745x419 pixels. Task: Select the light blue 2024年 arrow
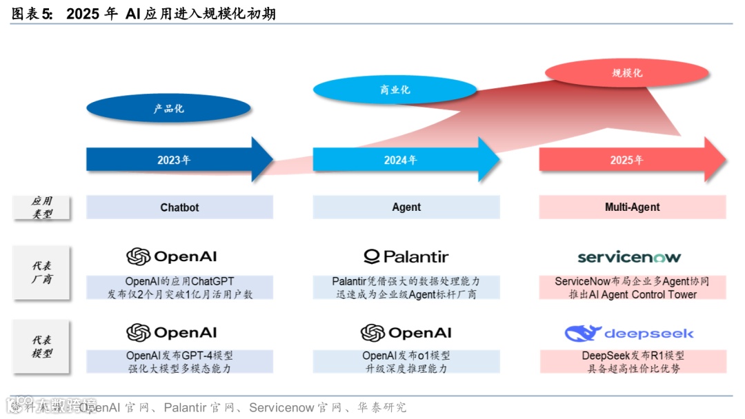pyautogui.click(x=401, y=160)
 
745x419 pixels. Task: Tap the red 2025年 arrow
pyautogui.click(x=627, y=160)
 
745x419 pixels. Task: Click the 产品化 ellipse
pyautogui.click(x=169, y=108)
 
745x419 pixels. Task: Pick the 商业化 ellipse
pyautogui.click(x=395, y=90)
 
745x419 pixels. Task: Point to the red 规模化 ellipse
pyautogui.click(x=627, y=72)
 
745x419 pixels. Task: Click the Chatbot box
pyautogui.click(x=179, y=207)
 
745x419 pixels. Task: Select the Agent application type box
pyautogui.click(x=406, y=207)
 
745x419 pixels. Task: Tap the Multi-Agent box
pyautogui.click(x=632, y=207)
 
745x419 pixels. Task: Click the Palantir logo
pyautogui.click(x=406, y=257)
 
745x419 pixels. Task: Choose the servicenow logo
pyautogui.click(x=629, y=257)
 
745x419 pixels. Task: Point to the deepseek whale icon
pyautogui.click(x=582, y=334)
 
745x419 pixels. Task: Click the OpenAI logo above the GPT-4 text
pyautogui.click(x=171, y=333)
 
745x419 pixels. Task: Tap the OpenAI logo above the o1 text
pyautogui.click(x=406, y=333)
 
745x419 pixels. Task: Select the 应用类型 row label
pyautogui.click(x=42, y=207)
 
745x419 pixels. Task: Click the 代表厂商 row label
pyautogui.click(x=42, y=272)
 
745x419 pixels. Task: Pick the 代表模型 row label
pyautogui.click(x=42, y=347)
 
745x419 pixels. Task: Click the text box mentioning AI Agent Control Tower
pyautogui.click(x=632, y=288)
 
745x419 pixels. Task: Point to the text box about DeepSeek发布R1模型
pyautogui.click(x=632, y=362)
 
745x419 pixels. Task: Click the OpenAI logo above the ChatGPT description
pyautogui.click(x=171, y=256)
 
